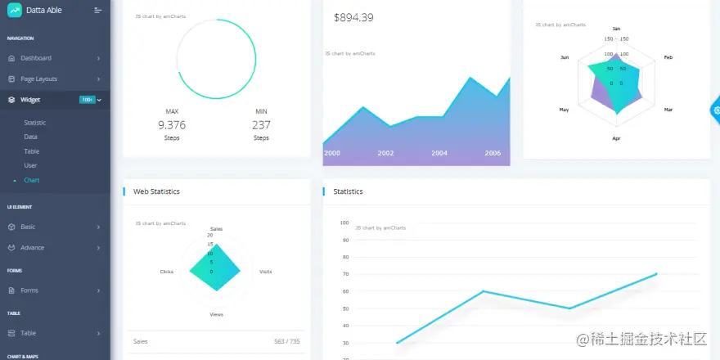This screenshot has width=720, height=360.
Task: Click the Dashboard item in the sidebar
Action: tap(36, 58)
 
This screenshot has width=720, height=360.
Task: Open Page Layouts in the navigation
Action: tap(38, 79)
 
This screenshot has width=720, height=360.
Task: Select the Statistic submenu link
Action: tap(35, 122)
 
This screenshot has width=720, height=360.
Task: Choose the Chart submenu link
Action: tap(32, 180)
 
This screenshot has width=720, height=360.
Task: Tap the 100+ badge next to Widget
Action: tap(87, 100)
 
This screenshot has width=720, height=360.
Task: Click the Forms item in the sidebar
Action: tap(29, 290)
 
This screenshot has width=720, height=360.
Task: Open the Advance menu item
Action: tap(33, 247)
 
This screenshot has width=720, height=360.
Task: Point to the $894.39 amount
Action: tap(353, 18)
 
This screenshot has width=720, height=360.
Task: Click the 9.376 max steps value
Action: tap(172, 125)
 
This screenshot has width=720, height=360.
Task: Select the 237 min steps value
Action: tap(261, 125)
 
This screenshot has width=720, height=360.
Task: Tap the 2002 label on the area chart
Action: tap(385, 153)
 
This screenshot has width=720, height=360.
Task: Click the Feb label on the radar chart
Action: tap(668, 57)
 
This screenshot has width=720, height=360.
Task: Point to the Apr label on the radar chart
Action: tap(616, 138)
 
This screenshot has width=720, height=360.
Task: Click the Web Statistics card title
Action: tap(156, 191)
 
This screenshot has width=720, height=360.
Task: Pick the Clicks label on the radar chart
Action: tap(166, 271)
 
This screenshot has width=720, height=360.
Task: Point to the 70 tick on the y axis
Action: tap(344, 274)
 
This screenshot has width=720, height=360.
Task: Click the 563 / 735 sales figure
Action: tap(287, 341)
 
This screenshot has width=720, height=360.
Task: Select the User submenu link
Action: tap(30, 165)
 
